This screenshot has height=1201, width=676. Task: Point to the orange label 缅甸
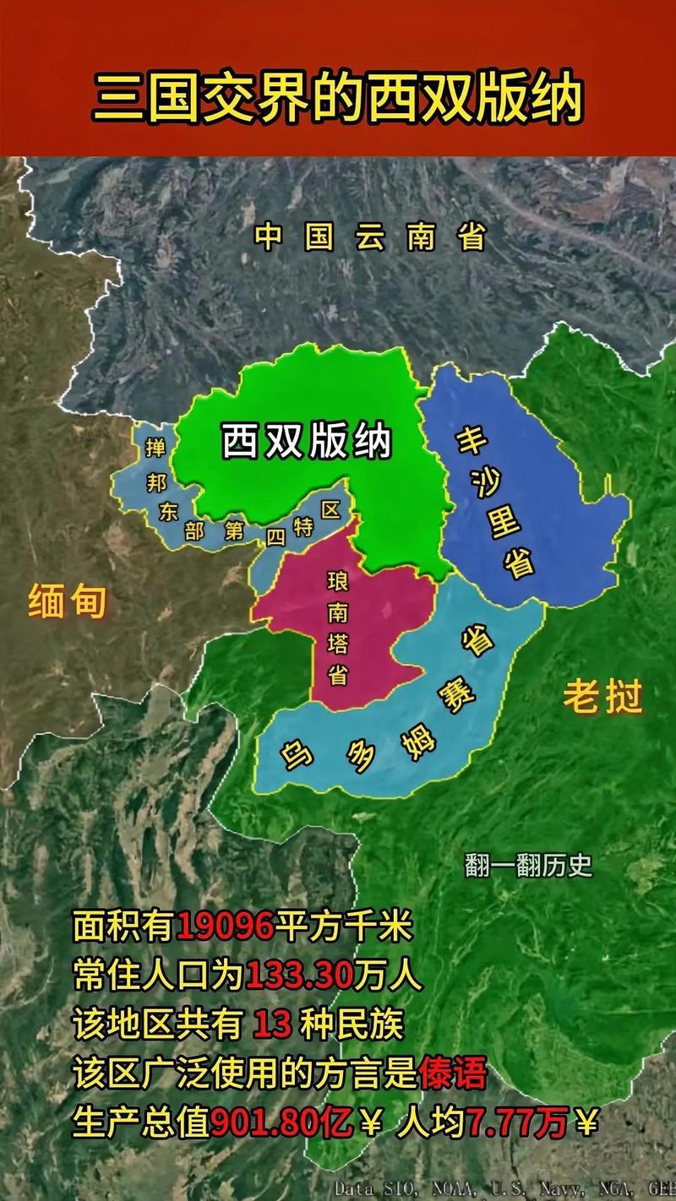tap(68, 602)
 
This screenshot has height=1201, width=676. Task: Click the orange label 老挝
tap(603, 698)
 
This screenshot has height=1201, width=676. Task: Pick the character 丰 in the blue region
tap(468, 440)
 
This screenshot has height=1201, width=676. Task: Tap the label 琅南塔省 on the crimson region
tap(337, 628)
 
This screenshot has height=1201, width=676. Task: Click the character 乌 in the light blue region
tap(297, 751)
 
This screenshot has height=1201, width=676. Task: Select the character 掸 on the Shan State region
tap(155, 448)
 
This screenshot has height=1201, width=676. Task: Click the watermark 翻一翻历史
tap(529, 865)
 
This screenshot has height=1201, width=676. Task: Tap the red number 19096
tap(226, 927)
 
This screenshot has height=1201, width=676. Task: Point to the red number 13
tap(272, 1025)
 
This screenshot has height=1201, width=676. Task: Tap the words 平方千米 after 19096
tap(345, 927)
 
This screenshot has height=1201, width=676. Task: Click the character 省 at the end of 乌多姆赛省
tap(478, 641)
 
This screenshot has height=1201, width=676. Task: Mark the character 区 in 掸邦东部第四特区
tap(330, 508)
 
